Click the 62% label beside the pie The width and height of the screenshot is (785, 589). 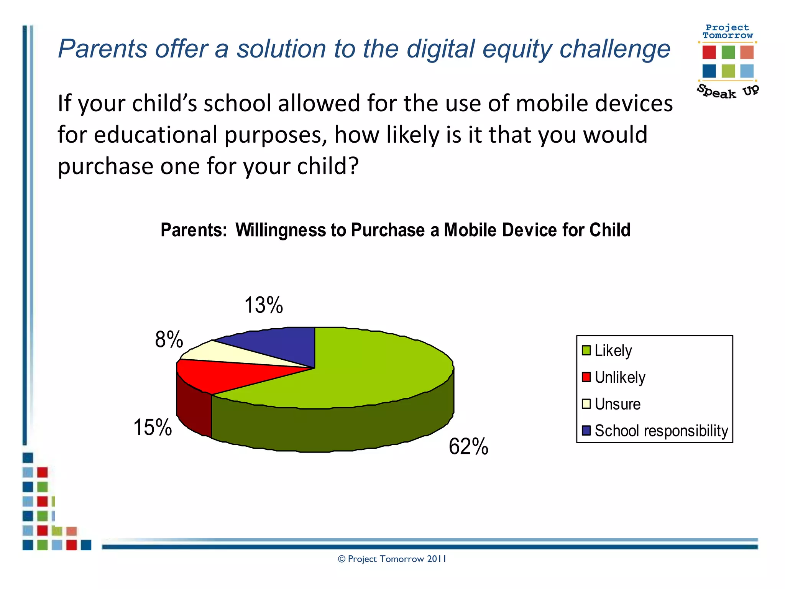coord(468,446)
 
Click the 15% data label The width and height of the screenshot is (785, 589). coord(153,427)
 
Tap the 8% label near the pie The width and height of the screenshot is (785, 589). coord(169,340)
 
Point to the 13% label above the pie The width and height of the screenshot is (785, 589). coord(264,305)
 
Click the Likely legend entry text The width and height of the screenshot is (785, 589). coord(613,350)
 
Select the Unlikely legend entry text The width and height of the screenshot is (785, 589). coord(620,377)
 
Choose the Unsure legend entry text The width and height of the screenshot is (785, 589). coord(617,404)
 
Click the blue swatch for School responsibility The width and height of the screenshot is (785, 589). coord(586,431)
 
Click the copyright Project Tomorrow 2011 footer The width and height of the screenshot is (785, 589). coord(392,559)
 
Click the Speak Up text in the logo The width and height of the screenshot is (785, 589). coord(727,91)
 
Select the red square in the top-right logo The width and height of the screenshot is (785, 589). coord(709,52)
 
